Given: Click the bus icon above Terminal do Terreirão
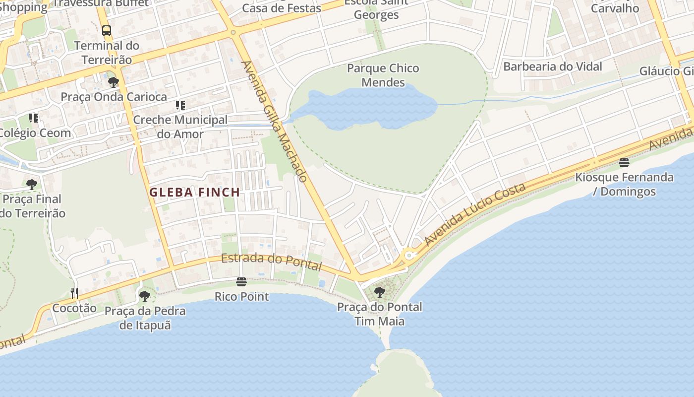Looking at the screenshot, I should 107,30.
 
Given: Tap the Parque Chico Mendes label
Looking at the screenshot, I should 383,75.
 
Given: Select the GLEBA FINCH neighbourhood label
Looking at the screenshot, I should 195,192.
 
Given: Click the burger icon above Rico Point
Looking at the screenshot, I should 241,282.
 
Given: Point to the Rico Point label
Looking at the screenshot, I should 241,297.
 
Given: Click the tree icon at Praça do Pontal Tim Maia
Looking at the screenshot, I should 380,292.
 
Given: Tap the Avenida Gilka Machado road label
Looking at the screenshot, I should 275,121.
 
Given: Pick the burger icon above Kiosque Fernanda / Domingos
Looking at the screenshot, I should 624,163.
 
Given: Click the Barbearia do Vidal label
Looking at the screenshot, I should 553,66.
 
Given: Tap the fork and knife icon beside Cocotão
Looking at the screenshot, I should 74,293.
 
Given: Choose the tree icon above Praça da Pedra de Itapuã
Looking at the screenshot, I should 145,296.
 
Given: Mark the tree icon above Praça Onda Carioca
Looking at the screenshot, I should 114,82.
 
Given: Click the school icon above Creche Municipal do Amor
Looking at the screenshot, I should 180,105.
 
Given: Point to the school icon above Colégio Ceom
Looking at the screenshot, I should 34,118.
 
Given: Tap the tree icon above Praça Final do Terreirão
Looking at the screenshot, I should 32,185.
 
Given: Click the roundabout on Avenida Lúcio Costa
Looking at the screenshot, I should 409,256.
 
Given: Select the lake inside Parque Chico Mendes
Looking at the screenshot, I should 367,109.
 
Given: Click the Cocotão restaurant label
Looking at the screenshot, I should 74,308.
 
